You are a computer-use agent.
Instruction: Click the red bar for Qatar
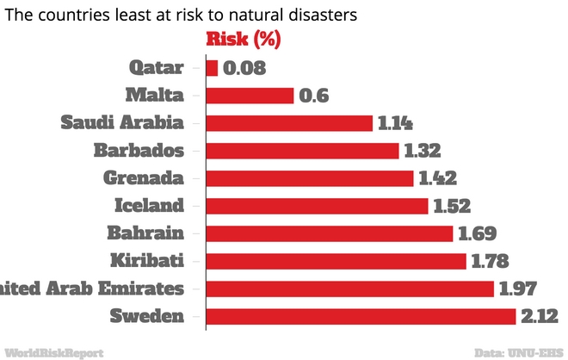[x=212, y=68]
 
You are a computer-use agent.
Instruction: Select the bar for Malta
[x=250, y=96]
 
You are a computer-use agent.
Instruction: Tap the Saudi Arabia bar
[x=289, y=123]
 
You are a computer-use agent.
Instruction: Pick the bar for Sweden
[x=361, y=316]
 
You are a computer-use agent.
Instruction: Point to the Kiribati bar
[x=336, y=261]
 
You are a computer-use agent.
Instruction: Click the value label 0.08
[x=244, y=68]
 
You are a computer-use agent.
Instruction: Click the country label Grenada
[x=143, y=178]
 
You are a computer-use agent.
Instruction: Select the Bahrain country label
[x=145, y=233]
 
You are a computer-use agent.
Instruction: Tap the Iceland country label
[x=149, y=206]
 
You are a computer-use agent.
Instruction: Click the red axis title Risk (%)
[x=243, y=39]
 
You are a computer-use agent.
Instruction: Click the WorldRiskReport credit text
[x=53, y=352]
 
